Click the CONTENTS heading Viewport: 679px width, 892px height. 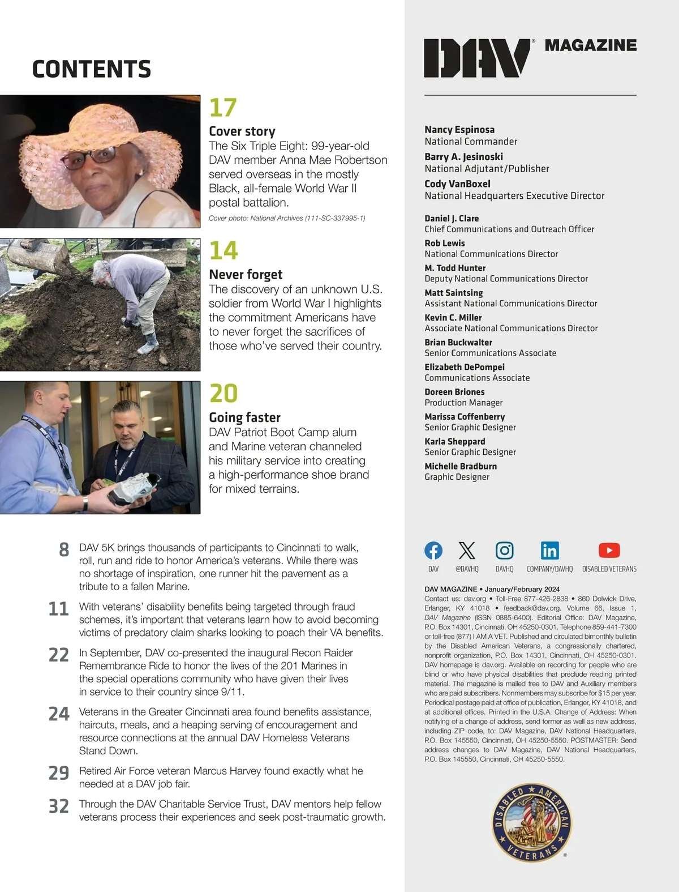coord(92,69)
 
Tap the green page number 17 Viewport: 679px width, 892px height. coord(223,108)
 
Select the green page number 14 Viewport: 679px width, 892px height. coord(224,250)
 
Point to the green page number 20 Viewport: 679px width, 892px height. coord(224,393)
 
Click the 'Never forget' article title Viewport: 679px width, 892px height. coord(246,275)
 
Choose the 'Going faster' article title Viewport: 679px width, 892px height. coord(244,417)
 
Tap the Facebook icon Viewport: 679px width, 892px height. coord(433,550)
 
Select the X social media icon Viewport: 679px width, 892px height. coord(467,550)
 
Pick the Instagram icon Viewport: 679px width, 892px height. coord(504,550)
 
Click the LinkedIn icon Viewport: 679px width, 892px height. coord(549,550)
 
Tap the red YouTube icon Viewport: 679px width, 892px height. coord(609,550)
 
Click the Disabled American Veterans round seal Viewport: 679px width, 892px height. coord(530,823)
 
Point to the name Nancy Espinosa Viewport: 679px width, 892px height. coord(459,130)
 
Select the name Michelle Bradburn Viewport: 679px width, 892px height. coord(461,466)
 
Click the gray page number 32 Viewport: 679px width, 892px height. coord(59,806)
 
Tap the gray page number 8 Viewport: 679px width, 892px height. coord(64,550)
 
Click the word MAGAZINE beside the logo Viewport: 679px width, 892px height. coord(590,45)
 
